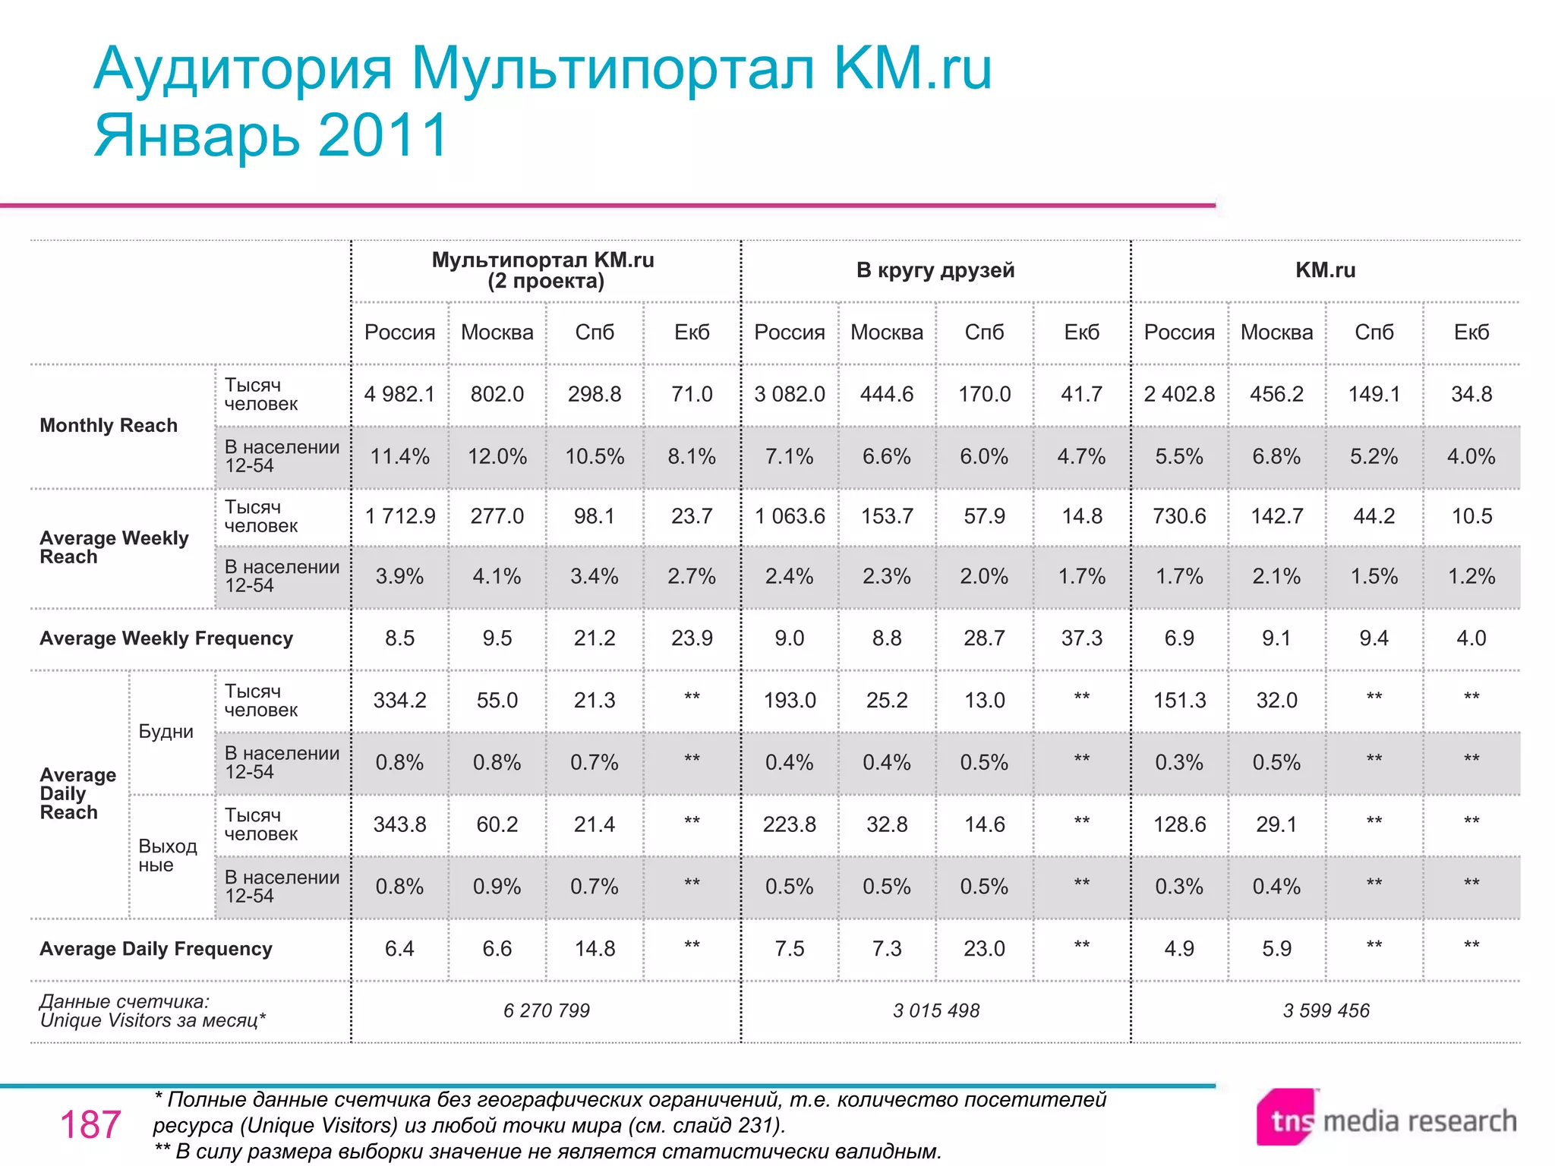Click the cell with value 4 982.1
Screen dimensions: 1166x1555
pos(399,394)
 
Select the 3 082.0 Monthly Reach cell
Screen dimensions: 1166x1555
pos(789,394)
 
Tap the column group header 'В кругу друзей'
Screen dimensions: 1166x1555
pos(935,270)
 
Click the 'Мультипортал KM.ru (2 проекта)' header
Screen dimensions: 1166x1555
pos(543,270)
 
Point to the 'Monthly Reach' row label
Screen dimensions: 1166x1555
pos(109,425)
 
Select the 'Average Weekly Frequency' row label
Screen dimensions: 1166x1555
pos(166,638)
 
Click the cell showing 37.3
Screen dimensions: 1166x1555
pos(1081,638)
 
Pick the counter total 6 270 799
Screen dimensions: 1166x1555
pos(546,1010)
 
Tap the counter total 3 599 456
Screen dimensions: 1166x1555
pos(1326,1010)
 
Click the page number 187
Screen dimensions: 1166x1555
pos(90,1124)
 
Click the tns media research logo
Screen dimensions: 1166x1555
pos(1386,1120)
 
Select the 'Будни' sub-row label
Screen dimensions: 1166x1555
pos(166,732)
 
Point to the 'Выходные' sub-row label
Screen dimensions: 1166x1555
pos(167,856)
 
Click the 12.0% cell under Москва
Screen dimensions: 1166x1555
pos(497,456)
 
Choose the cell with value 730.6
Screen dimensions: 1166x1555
pos(1178,516)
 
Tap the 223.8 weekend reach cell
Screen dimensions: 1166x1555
pos(789,824)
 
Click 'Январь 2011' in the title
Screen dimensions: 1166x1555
pos(271,135)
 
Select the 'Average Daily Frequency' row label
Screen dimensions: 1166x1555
pos(156,949)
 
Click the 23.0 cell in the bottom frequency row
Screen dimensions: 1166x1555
pos(984,949)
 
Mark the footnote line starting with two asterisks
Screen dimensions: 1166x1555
pos(547,1152)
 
